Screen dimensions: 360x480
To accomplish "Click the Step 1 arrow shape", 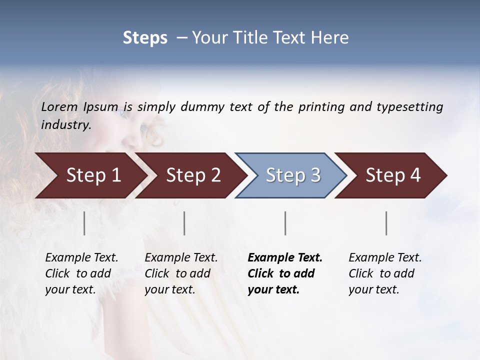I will [90, 175].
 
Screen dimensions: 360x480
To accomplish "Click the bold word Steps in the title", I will [145, 37].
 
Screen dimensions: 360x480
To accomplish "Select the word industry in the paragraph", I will [65, 124].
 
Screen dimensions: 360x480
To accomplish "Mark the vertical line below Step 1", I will [84, 223].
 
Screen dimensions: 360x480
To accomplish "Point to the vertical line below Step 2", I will [184, 223].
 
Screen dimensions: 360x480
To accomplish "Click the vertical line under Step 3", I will [285, 223].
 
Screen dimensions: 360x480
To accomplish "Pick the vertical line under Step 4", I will [386, 223].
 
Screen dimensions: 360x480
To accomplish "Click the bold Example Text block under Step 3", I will [284, 273].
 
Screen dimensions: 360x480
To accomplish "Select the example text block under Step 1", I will [81, 273].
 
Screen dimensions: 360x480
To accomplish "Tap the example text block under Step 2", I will [181, 273].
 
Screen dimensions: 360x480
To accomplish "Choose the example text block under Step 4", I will [385, 273].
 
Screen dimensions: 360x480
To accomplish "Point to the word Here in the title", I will [330, 37].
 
